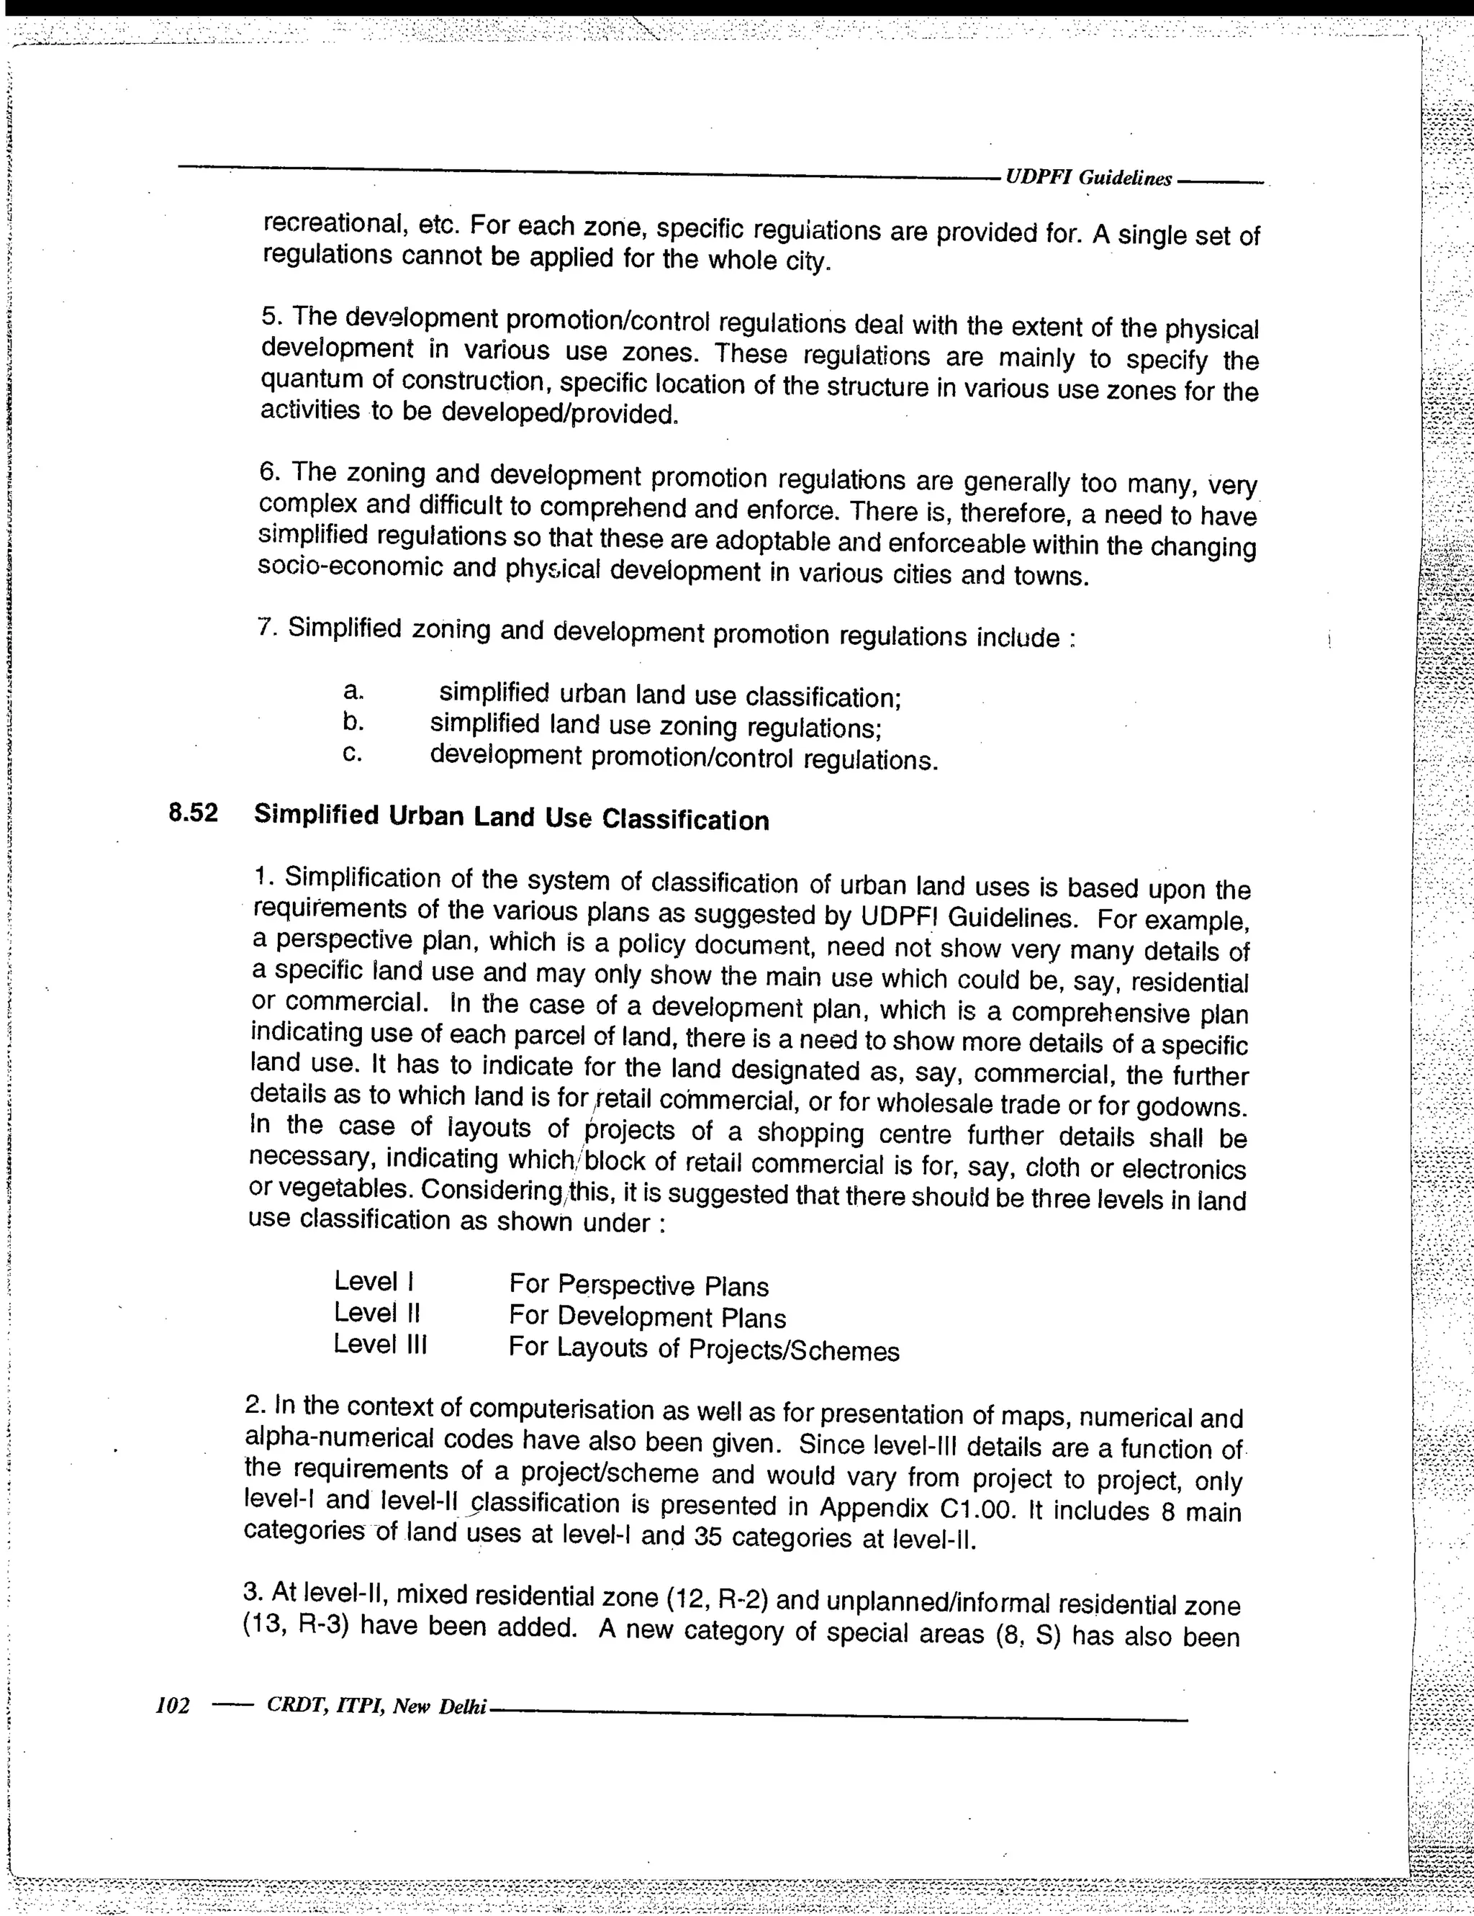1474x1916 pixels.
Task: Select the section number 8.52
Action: (x=193, y=813)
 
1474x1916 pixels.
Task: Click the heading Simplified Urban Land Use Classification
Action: (x=512, y=818)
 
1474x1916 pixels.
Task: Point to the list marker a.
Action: (x=353, y=691)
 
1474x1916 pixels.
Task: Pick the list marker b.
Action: (x=353, y=722)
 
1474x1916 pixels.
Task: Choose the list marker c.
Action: (x=353, y=754)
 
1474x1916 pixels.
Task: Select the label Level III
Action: (x=380, y=1343)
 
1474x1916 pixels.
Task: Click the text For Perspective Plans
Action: (x=638, y=1286)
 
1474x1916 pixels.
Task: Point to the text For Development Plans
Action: (x=648, y=1317)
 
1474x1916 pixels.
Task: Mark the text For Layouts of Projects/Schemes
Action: (x=704, y=1348)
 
